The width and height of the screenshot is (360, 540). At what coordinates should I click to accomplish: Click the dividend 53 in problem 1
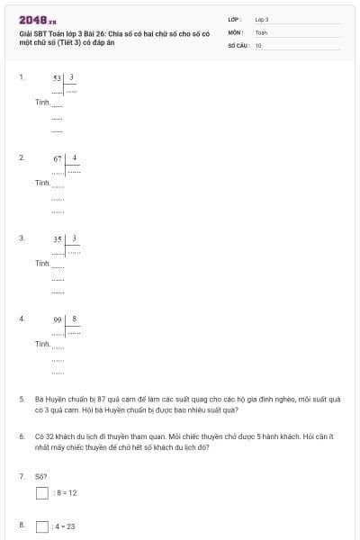pos(58,78)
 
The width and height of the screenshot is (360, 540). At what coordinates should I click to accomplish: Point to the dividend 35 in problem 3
pos(58,239)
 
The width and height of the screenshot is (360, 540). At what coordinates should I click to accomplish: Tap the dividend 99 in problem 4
pos(58,319)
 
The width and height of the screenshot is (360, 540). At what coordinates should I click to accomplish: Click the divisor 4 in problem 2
pos(75,157)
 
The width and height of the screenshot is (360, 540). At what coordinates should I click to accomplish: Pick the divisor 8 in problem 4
pos(75,319)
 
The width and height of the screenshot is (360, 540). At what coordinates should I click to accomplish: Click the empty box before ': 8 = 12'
pos(41,492)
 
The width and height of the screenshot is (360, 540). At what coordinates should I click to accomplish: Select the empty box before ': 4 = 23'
pos(41,526)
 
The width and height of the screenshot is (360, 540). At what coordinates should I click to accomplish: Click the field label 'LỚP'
pos(234,19)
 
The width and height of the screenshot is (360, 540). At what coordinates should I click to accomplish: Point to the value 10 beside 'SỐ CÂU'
pos(258,44)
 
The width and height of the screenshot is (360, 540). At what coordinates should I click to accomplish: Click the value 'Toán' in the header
pos(261,31)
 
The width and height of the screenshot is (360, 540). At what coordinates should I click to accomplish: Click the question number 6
pos(22,436)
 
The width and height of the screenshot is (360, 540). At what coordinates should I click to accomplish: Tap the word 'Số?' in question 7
pos(40,475)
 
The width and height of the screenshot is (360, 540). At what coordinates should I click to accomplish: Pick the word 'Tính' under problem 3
pos(41,263)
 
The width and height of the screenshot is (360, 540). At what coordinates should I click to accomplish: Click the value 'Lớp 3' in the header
pos(262,19)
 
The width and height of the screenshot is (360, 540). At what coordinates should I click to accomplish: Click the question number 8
pos(22,524)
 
